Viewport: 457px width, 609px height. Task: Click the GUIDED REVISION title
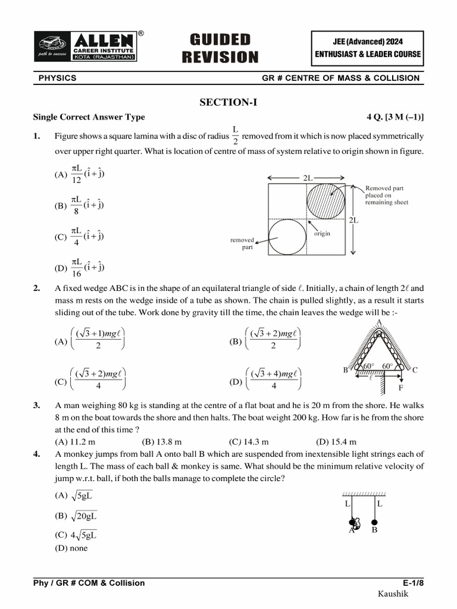tap(220, 48)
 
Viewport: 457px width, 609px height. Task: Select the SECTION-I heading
tap(228, 102)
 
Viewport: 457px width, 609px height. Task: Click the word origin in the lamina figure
tap(322, 234)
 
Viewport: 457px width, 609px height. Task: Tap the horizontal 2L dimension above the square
tap(306, 178)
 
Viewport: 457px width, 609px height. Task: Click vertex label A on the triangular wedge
tap(378, 322)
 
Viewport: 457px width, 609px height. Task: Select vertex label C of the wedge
tap(415, 369)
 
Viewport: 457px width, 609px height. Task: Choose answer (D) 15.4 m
tap(336, 441)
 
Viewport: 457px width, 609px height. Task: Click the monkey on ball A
tap(355, 523)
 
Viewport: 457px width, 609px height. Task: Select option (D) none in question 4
tap(71, 548)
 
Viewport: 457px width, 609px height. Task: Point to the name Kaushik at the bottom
tap(393, 594)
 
